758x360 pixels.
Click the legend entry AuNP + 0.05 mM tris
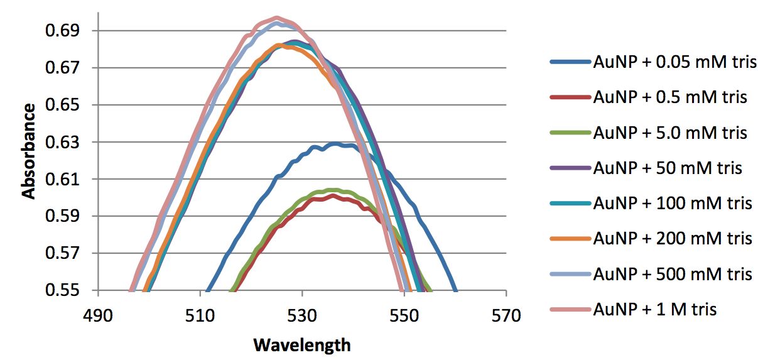(x=674, y=62)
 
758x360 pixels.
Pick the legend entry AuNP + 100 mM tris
(x=672, y=204)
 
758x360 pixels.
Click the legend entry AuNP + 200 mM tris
(x=672, y=239)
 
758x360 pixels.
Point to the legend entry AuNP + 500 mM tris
(x=672, y=275)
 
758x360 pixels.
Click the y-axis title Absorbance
(x=29, y=151)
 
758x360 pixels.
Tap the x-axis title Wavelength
(x=301, y=345)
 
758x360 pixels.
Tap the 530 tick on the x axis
(x=302, y=314)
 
